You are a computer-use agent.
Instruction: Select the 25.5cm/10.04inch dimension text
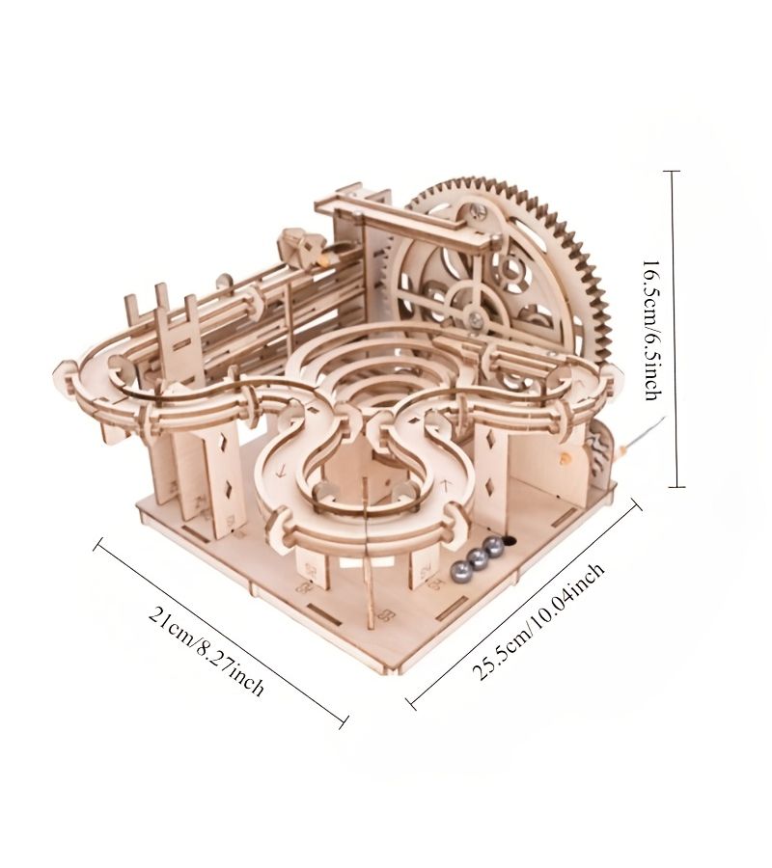(538, 621)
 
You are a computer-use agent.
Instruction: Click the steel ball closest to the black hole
(494, 547)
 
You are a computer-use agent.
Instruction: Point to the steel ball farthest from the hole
(459, 570)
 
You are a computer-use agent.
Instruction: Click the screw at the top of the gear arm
(477, 211)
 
